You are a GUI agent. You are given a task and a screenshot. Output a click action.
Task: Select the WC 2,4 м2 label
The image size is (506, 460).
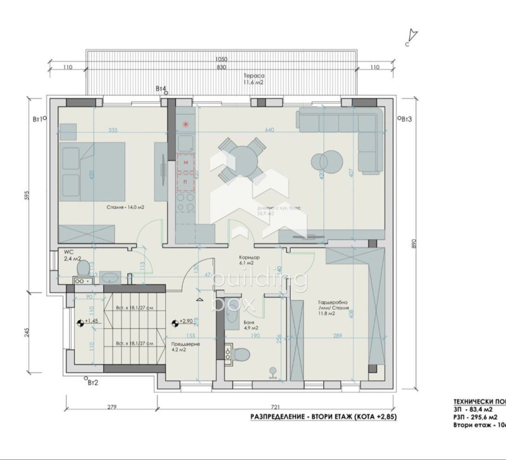[x=69, y=256]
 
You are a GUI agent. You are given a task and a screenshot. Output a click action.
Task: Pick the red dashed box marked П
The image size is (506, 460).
[x=186, y=181]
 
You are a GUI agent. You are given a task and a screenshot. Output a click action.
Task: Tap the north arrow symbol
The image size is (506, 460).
[x=412, y=35]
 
